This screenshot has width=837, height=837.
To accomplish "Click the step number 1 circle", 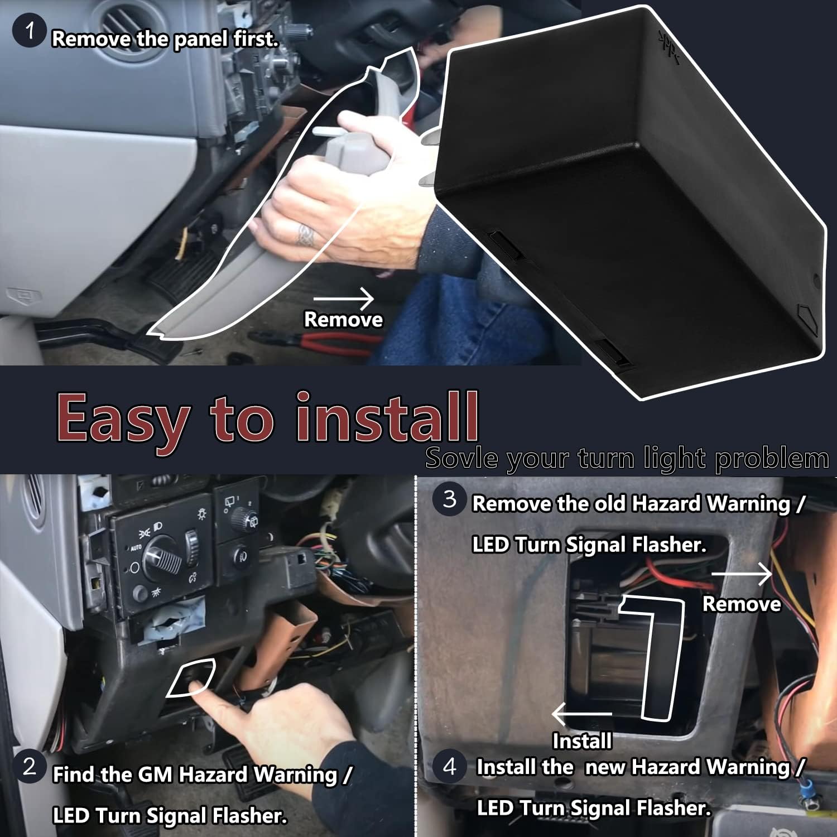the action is pyautogui.click(x=29, y=31).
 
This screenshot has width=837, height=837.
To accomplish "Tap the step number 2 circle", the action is pyautogui.click(x=30, y=767).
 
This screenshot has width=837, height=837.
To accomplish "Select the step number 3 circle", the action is pyautogui.click(x=450, y=499).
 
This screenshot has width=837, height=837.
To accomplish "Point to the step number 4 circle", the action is pyautogui.click(x=450, y=767).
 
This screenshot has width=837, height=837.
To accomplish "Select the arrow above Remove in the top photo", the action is pyautogui.click(x=343, y=299).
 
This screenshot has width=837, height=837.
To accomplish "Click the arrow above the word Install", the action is pyautogui.click(x=582, y=714).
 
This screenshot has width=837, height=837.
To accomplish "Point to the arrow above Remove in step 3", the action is pyautogui.click(x=742, y=573).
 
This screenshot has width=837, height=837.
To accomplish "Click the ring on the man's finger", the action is pyautogui.click(x=305, y=235).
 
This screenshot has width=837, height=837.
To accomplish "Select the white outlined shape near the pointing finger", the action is pyautogui.click(x=191, y=677).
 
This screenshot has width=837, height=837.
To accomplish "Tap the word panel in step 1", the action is pyautogui.click(x=198, y=39).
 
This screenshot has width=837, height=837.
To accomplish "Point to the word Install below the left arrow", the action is pyautogui.click(x=582, y=741).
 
